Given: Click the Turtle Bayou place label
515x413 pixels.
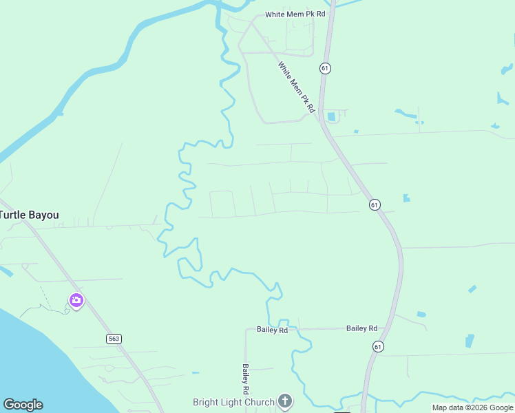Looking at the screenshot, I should (x=29, y=215).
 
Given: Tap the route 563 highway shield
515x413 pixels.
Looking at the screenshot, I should (x=114, y=339).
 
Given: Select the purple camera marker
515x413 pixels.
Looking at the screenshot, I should (x=76, y=300).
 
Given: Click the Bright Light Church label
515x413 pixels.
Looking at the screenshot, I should (x=233, y=402).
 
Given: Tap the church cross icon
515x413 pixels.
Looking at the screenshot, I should (x=285, y=401).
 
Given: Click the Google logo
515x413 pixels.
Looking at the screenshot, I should (x=23, y=405).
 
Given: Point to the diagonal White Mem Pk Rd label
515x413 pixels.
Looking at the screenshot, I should (x=296, y=87).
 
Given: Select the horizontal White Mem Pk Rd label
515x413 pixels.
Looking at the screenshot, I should (x=295, y=14).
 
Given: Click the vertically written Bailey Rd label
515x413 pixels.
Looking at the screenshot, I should (x=244, y=374).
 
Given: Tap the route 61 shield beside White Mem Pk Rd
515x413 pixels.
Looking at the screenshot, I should (x=325, y=68).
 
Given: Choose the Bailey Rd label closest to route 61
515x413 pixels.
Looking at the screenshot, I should (x=362, y=328).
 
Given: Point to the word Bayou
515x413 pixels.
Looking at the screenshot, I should (x=43, y=215).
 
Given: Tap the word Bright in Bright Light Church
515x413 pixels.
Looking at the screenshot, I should (x=206, y=402).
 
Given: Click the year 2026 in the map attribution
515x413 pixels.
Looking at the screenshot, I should (x=479, y=408).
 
